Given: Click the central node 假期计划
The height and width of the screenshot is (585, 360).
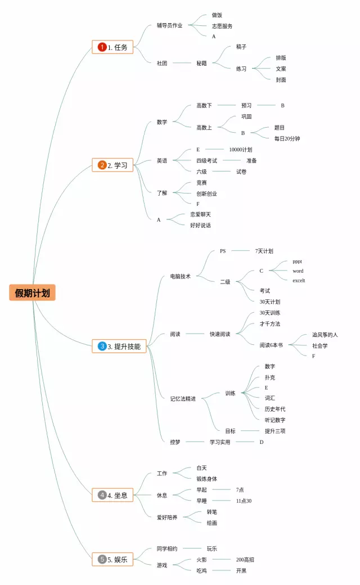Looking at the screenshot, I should click(x=32, y=292).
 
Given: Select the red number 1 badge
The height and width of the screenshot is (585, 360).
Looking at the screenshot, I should click(x=102, y=47).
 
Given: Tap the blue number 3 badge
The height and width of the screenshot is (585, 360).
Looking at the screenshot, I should click(x=102, y=346).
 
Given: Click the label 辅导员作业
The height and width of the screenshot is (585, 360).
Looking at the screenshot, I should click(x=169, y=25).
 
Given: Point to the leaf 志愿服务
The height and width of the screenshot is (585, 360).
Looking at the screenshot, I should click(x=222, y=26).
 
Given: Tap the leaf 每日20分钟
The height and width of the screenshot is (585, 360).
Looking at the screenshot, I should click(x=287, y=138).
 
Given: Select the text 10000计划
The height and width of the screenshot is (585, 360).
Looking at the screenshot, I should click(x=240, y=150).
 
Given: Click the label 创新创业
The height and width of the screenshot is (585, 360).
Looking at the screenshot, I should click(x=206, y=193).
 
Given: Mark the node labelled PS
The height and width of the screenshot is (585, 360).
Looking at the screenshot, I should click(x=223, y=251).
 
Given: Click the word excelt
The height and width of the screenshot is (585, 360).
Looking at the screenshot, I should click(x=299, y=280).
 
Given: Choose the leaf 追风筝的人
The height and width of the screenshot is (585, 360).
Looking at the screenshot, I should click(x=325, y=335).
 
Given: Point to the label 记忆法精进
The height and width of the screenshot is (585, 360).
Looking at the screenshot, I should click(x=183, y=399).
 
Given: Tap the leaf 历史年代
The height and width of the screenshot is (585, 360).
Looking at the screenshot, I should click(x=275, y=409).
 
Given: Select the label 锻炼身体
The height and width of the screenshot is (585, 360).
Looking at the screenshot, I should click(x=206, y=479).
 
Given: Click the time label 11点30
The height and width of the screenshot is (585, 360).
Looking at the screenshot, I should click(x=244, y=501).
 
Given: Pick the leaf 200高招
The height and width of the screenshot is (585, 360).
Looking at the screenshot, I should click(x=245, y=560).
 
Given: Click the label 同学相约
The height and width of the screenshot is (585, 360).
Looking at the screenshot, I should click(x=167, y=548).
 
